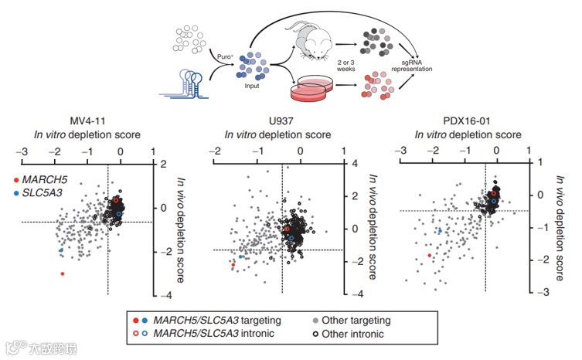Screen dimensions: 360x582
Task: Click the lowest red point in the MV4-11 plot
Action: point(63,273)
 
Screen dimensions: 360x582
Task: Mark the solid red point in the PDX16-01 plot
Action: point(429,255)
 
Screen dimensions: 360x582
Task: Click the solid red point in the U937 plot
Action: point(233,263)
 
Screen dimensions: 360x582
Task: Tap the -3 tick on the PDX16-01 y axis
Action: point(538,291)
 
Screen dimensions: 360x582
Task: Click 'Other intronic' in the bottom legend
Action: point(356,334)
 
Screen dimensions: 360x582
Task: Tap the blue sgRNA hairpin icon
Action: point(189,81)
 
